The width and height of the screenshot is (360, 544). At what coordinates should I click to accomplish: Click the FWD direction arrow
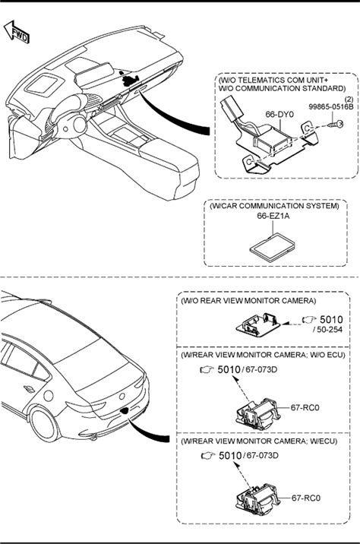pyautogui.click(x=16, y=32)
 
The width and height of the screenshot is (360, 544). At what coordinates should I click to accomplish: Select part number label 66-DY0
pyautogui.click(x=279, y=114)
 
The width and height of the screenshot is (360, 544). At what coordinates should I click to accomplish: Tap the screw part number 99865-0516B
pyautogui.click(x=331, y=107)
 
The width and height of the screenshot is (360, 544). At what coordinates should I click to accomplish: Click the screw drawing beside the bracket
pyautogui.click(x=336, y=124)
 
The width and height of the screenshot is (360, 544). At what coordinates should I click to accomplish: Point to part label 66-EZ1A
pyautogui.click(x=273, y=216)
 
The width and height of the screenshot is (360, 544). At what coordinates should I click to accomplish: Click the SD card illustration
pyautogui.click(x=273, y=248)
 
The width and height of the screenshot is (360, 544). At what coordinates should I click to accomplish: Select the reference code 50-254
pyautogui.click(x=330, y=330)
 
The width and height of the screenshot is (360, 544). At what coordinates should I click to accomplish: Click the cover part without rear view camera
pyautogui.click(x=257, y=324)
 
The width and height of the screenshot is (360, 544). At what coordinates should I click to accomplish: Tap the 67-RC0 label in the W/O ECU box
pyautogui.click(x=305, y=408)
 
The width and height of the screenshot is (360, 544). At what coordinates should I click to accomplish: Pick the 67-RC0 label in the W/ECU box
pyautogui.click(x=306, y=498)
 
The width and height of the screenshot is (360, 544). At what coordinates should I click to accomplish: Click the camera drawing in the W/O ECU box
pyautogui.click(x=258, y=414)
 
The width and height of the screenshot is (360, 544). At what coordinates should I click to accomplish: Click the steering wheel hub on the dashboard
pyautogui.click(x=78, y=125)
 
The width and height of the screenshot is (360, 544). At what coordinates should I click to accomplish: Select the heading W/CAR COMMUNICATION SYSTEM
pyautogui.click(x=274, y=206)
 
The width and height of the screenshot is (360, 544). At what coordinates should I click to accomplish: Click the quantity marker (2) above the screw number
pyautogui.click(x=349, y=100)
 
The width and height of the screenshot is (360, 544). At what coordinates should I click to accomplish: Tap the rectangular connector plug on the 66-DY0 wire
pyautogui.click(x=230, y=109)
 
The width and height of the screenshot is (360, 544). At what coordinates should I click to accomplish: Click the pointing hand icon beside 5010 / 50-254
pyautogui.click(x=309, y=320)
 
